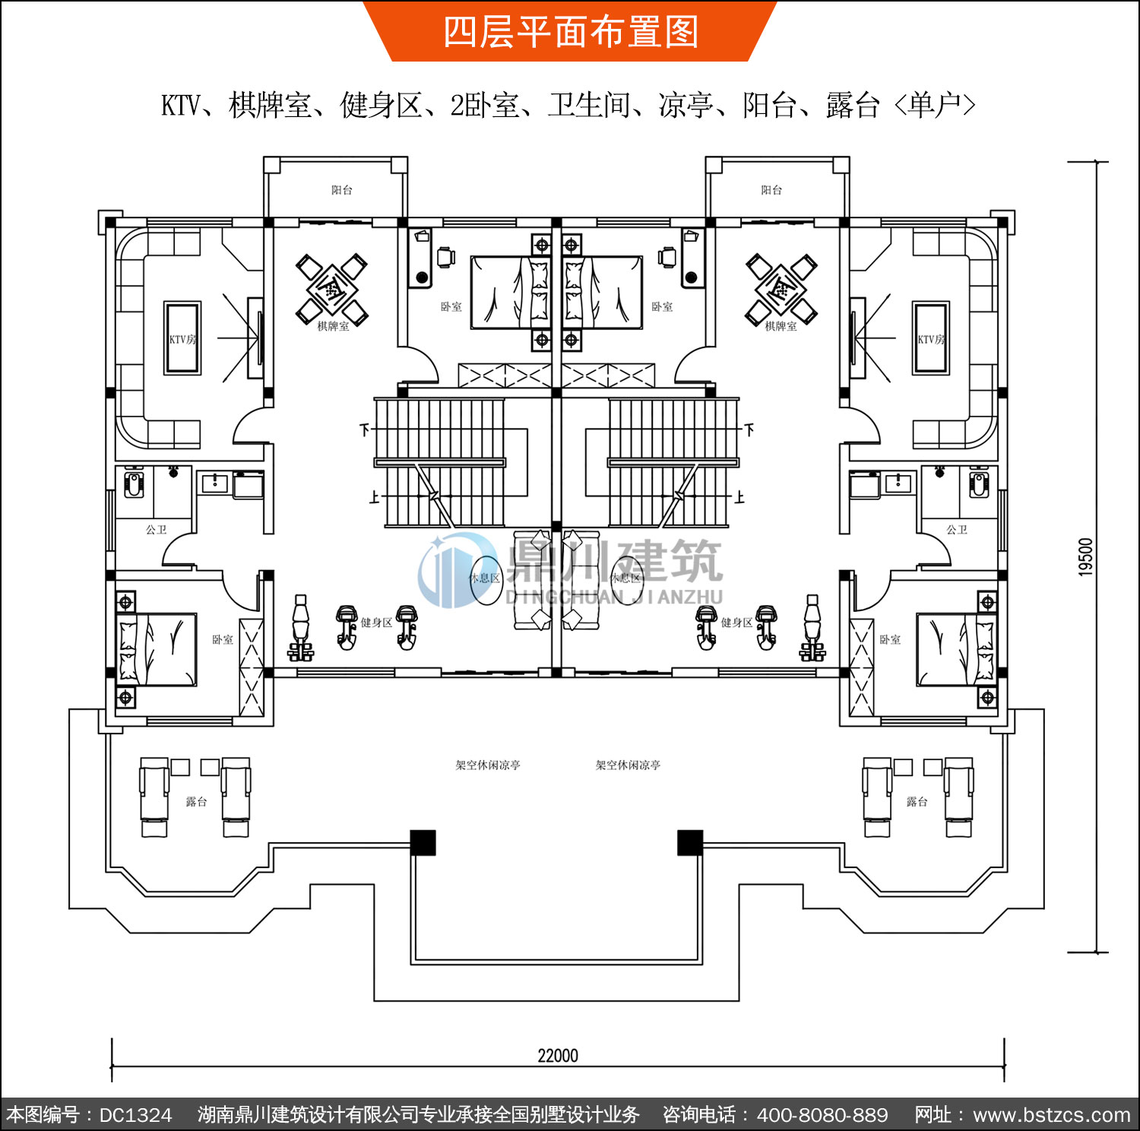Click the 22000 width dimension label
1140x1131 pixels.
(x=558, y=1055)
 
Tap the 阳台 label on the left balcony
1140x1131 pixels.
(x=342, y=190)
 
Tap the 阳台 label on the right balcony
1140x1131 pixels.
(x=771, y=190)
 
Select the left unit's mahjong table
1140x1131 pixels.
(x=331, y=289)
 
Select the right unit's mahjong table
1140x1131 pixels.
(x=781, y=289)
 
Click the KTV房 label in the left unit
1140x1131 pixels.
(x=182, y=339)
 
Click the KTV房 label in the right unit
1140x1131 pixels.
(x=931, y=339)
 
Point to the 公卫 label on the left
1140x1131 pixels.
(x=157, y=529)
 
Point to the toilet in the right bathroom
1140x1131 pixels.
(x=979, y=483)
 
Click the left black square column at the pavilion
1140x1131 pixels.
(x=423, y=842)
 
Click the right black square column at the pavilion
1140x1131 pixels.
(x=690, y=842)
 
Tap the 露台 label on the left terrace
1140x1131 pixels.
(x=196, y=801)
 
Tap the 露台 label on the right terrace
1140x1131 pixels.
(x=917, y=801)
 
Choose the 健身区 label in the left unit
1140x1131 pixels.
(x=376, y=623)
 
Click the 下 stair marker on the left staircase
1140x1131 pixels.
(x=365, y=429)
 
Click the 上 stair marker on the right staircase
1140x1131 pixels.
(x=739, y=497)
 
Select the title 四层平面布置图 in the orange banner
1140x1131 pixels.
(x=571, y=32)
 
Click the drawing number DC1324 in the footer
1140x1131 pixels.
(x=136, y=1115)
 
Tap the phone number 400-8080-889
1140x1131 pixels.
(x=822, y=1115)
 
